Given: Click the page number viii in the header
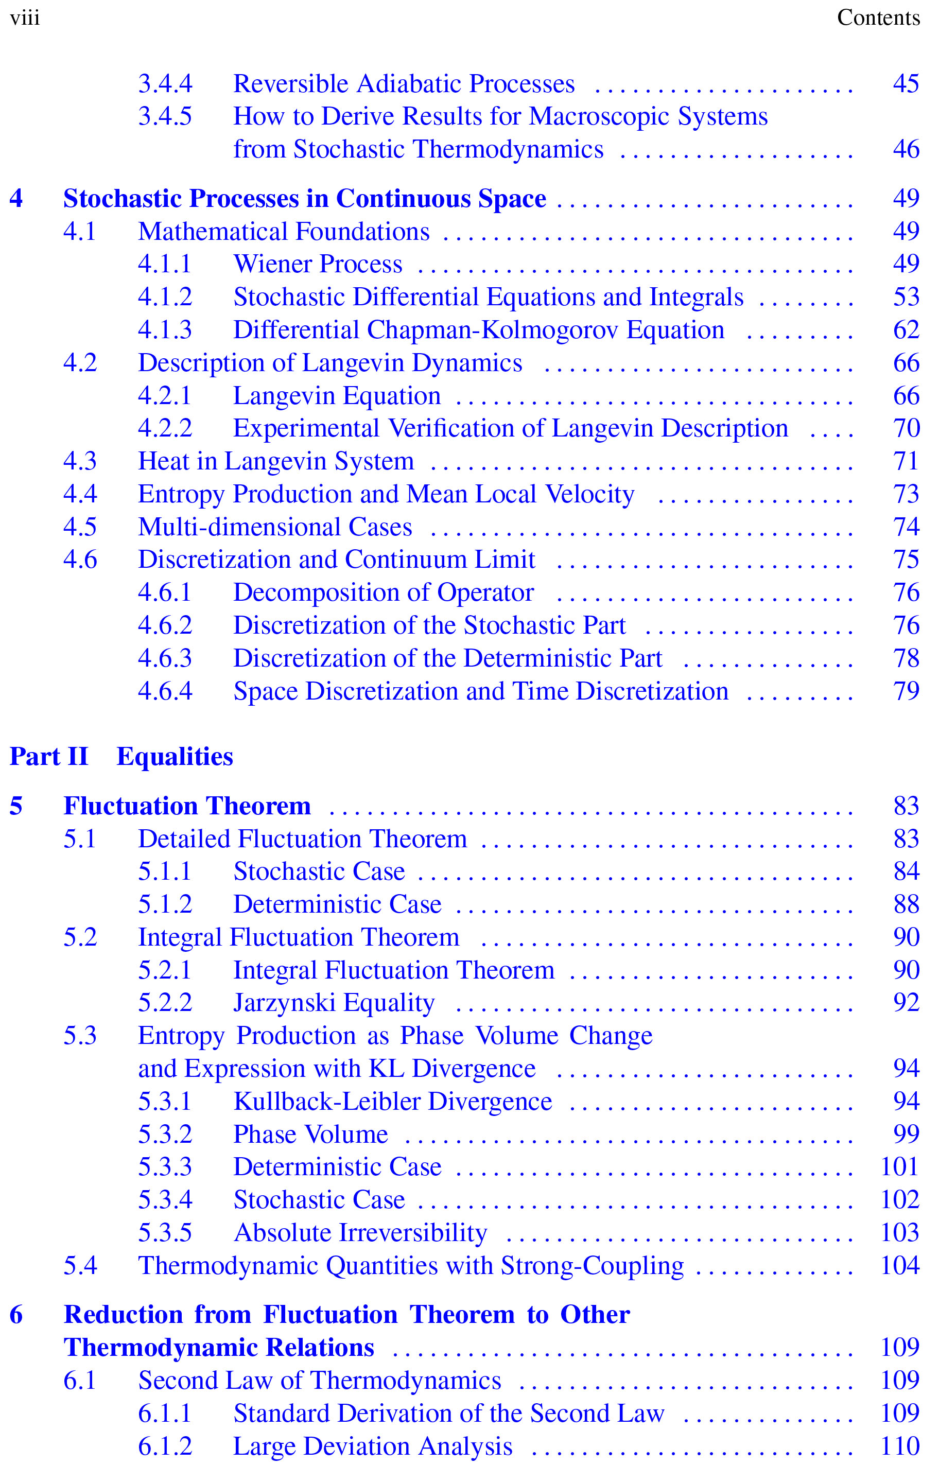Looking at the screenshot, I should (x=25, y=18).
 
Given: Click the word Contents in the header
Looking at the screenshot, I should (x=878, y=18).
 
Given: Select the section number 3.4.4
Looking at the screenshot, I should (x=165, y=83).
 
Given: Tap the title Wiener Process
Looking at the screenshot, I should (x=318, y=264).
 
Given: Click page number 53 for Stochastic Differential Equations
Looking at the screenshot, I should (x=906, y=297).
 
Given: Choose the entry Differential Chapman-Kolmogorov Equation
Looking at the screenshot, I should (x=479, y=330).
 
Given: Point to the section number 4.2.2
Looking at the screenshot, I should (x=165, y=428).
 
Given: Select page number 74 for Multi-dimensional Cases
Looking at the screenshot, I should (x=906, y=527).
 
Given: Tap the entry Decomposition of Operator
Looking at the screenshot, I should (x=384, y=592).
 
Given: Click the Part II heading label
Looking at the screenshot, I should (x=49, y=757).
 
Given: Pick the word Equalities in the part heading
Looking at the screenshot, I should (x=175, y=757).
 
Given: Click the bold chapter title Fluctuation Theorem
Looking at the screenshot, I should (x=187, y=806).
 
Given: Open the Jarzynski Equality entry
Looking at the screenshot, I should (x=334, y=1003).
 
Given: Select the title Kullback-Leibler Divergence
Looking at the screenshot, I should (x=393, y=1102).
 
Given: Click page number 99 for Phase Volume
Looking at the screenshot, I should (x=906, y=1134).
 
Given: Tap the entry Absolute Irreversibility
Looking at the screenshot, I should (x=360, y=1233).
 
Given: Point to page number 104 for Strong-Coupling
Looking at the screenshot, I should (x=900, y=1266).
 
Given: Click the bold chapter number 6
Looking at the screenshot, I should (x=16, y=1315).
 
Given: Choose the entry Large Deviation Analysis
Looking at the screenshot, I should (x=373, y=1446).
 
